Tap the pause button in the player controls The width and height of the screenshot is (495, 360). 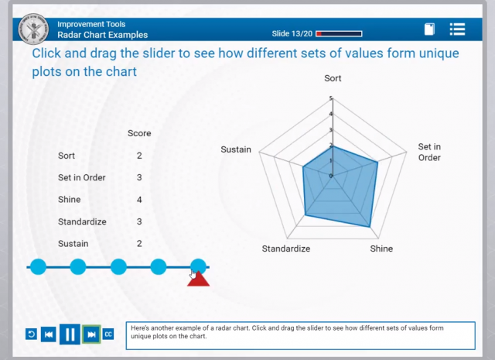pos(70,334)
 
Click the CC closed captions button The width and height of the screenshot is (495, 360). pos(108,334)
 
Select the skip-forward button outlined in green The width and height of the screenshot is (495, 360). pos(91,334)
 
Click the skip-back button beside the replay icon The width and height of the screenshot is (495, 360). pos(48,334)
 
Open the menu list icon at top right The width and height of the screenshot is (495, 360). pos(457,29)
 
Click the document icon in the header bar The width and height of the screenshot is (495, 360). pos(429,29)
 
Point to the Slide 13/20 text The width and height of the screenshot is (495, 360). pos(292,34)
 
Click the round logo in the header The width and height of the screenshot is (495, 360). pos(34,28)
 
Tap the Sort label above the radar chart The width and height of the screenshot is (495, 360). pos(333,78)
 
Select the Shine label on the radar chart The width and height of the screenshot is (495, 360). pos(381,249)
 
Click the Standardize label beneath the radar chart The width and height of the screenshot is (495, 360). pos(285,249)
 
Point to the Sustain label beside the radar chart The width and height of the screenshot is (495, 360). pos(236,149)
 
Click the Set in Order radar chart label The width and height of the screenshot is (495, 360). pos(429,152)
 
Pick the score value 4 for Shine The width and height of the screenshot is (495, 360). pos(139,200)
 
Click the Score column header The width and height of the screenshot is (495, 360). pos(139,133)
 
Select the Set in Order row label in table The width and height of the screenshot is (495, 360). pos(82,177)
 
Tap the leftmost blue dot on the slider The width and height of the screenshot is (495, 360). pos(38,267)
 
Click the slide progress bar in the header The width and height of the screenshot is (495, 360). pos(339,34)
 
